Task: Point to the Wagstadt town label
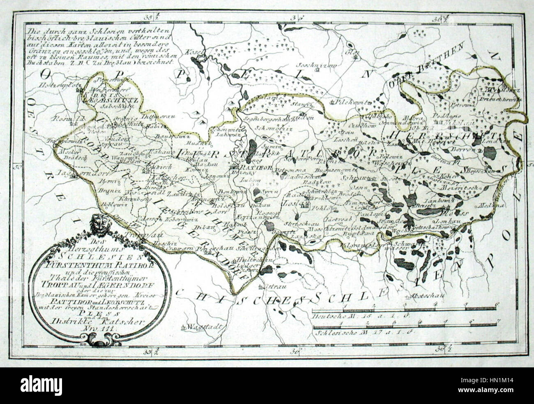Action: [204, 327]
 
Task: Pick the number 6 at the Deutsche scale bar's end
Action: [497, 304]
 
